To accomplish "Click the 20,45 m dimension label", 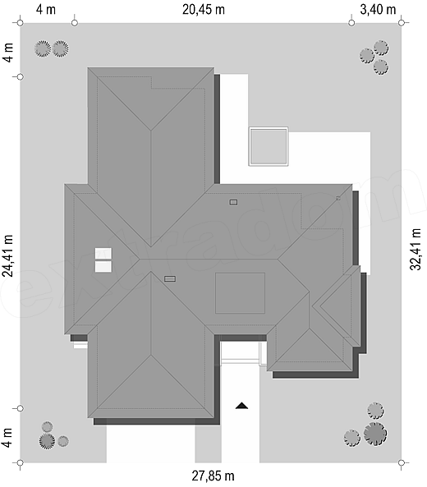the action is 204,10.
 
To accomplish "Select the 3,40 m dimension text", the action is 378,10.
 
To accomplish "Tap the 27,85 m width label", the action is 213,476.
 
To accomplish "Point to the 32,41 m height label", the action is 416,250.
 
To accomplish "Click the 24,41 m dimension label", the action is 7,255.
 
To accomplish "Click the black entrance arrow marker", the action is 241,406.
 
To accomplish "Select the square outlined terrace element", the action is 269,147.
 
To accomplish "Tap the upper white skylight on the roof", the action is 103,253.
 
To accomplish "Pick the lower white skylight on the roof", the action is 103,267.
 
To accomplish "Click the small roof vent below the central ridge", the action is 169,279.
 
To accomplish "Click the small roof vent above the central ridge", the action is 233,202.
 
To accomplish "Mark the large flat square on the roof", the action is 240,293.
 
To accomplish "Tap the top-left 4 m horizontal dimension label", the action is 46,10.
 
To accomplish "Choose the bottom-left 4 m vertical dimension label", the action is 7,438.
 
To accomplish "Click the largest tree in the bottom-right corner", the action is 375,434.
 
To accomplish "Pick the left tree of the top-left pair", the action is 42,48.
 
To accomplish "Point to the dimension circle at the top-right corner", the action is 402,23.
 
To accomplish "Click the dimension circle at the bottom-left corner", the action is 20,463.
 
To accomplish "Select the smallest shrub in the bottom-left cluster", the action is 47,427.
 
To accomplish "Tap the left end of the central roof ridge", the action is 139,259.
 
